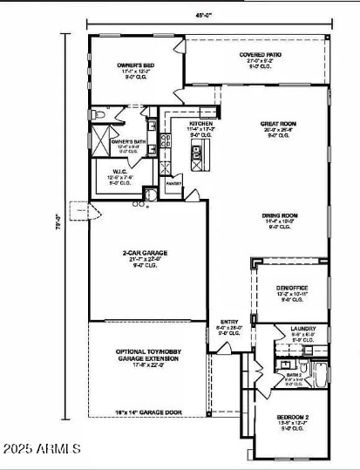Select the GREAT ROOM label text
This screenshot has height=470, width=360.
tap(278, 125)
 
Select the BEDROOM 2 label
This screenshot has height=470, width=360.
tap(293, 418)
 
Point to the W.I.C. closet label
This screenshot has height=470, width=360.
tap(121, 171)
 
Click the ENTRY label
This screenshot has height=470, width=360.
tap(229, 322)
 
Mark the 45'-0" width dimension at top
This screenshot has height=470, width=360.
tap(208, 16)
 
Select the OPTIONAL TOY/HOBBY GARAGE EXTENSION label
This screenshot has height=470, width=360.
tap(146, 358)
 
